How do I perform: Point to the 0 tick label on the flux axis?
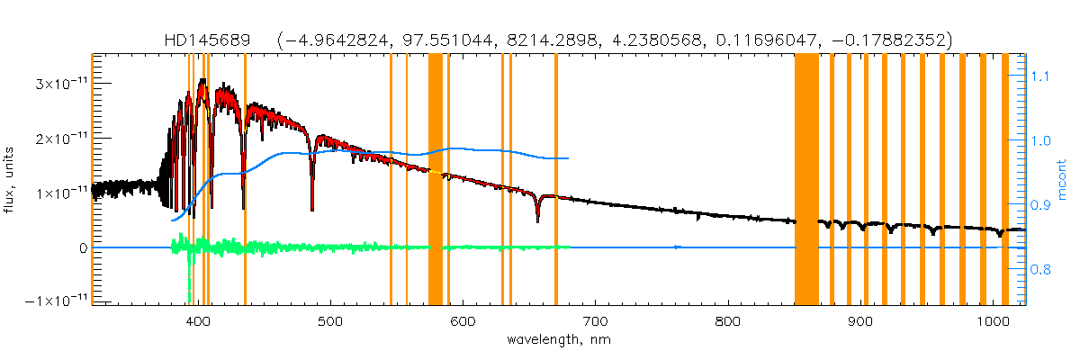[81, 247]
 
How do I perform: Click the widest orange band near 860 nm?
[806, 180]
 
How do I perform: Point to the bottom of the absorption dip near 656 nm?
[538, 221]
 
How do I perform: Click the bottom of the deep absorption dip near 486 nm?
[312, 209]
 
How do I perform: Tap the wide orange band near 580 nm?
[436, 180]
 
